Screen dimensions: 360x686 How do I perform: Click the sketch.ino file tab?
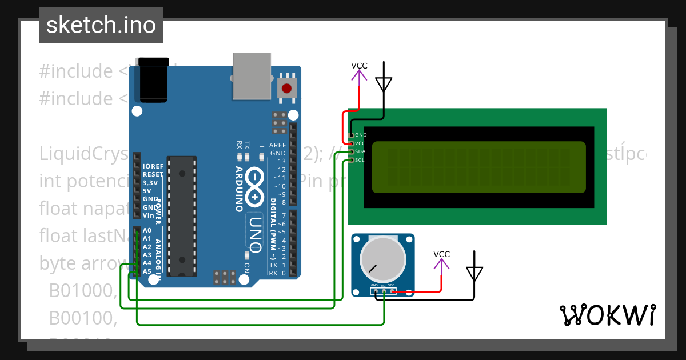coord(101,25)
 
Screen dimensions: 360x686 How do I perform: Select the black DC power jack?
coord(154,79)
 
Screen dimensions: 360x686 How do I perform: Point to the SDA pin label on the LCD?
coord(360,151)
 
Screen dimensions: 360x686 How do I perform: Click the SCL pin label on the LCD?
coord(360,160)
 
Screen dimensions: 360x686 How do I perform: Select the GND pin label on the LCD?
coord(360,135)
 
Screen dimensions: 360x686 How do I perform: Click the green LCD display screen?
coord(478,167)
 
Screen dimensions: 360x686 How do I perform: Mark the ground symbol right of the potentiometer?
coord(474,271)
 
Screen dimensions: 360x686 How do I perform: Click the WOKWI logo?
coord(607,315)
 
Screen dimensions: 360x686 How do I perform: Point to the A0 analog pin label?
coord(147,230)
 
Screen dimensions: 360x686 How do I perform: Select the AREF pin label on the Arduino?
coord(277,145)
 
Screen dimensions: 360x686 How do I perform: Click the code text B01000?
coord(83,291)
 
